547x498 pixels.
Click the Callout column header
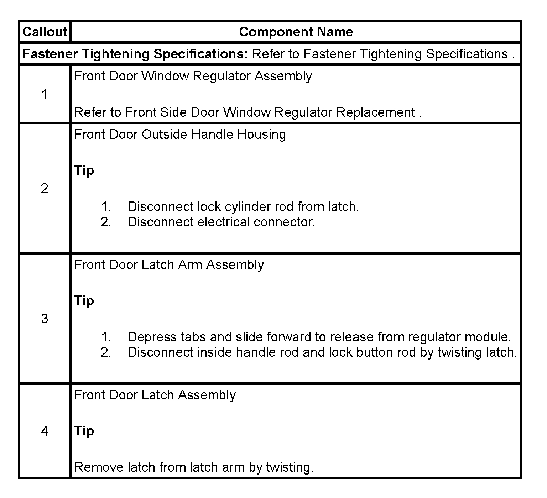45,32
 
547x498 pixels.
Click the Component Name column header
296,32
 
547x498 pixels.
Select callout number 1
45,94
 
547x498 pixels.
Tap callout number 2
45,188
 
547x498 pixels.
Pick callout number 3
45,319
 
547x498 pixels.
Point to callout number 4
45,431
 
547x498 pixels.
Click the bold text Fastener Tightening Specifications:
135,54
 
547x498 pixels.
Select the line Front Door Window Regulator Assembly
193,76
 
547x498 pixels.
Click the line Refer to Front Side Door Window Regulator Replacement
248,112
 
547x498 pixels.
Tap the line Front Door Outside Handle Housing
180,135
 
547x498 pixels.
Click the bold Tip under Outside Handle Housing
84,171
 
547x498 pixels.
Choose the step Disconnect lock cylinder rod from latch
243,207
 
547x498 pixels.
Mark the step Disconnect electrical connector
221,222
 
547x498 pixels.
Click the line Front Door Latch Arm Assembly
169,265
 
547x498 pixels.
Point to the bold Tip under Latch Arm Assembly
84,301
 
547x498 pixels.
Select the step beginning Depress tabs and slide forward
319,337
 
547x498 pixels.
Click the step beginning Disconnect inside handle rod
322,352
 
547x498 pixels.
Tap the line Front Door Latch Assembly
155,395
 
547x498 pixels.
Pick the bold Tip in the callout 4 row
84,431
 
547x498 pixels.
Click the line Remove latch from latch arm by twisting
194,467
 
